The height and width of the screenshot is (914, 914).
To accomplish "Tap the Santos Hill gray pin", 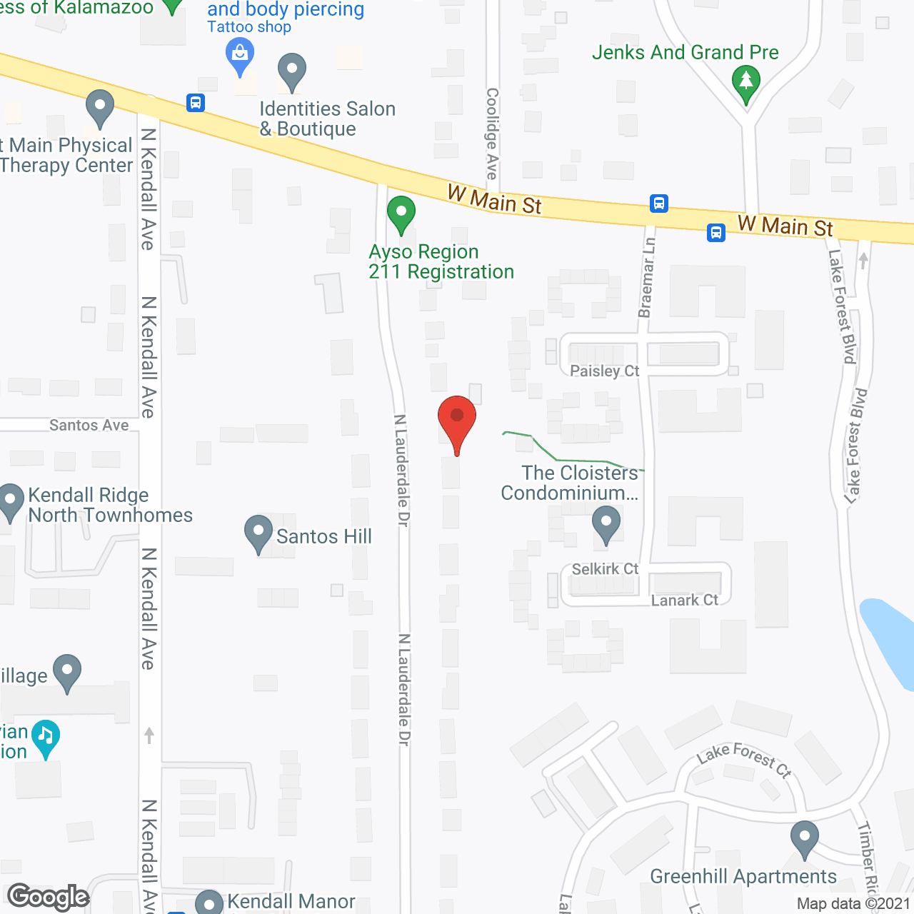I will coord(258,533).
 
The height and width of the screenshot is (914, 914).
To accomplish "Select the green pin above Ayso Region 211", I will coord(401,213).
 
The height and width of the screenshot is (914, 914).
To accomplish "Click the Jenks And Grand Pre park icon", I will coord(746,82).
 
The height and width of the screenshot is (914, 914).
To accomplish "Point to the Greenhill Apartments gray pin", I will coord(805,838).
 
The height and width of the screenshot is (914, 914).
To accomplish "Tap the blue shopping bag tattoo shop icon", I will coord(240,56).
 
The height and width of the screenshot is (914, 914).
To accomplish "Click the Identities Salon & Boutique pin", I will coord(291,71).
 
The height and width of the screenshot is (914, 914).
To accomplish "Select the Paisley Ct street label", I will coord(604,371).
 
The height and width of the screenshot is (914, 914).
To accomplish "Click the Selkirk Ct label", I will coord(605,569).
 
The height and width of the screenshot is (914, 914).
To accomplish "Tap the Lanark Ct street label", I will coord(684,601).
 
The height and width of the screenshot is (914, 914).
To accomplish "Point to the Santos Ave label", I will coord(89,426).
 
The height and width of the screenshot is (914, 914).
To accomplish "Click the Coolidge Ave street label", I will coord(492,134).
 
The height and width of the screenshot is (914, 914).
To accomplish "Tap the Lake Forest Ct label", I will coord(744,759).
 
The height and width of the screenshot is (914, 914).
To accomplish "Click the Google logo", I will coord(49,897).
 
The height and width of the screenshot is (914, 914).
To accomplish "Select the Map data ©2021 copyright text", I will coord(853,904).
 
